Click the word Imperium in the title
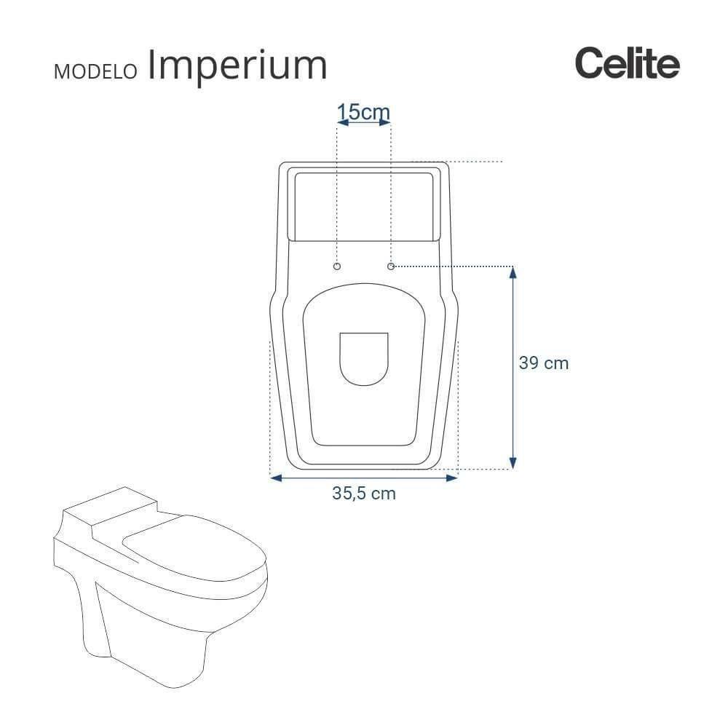tap(237, 66)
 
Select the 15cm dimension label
tap(364, 112)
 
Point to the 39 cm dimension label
tap(543, 363)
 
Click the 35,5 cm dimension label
tap(364, 493)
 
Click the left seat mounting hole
tap(336, 267)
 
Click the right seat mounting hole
tap(391, 267)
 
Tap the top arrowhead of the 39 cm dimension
tap(513, 272)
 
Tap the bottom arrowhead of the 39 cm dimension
tap(513, 463)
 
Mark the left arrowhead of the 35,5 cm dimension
tap(275, 478)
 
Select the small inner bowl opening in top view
tap(364, 357)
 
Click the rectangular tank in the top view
tap(364, 204)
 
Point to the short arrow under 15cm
tap(364, 124)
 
